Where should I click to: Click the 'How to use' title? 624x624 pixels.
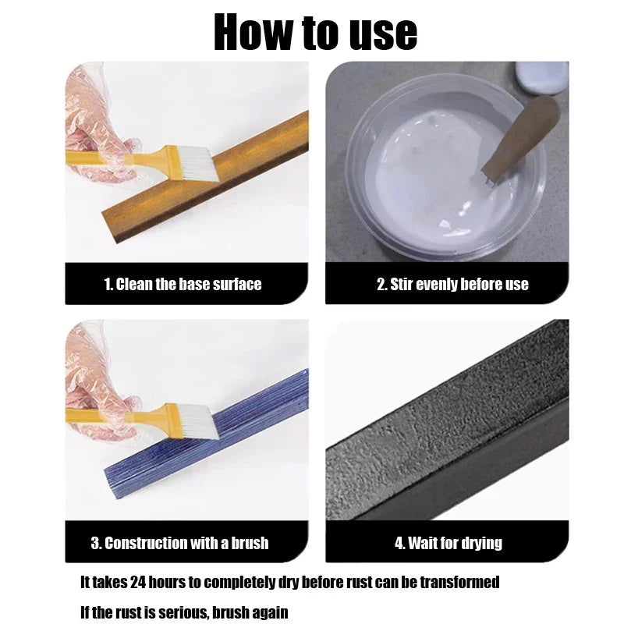(x=315, y=32)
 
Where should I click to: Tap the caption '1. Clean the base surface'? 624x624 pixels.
(x=183, y=284)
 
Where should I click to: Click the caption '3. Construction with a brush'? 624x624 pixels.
(x=179, y=543)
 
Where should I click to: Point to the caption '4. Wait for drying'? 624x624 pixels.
(x=448, y=543)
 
